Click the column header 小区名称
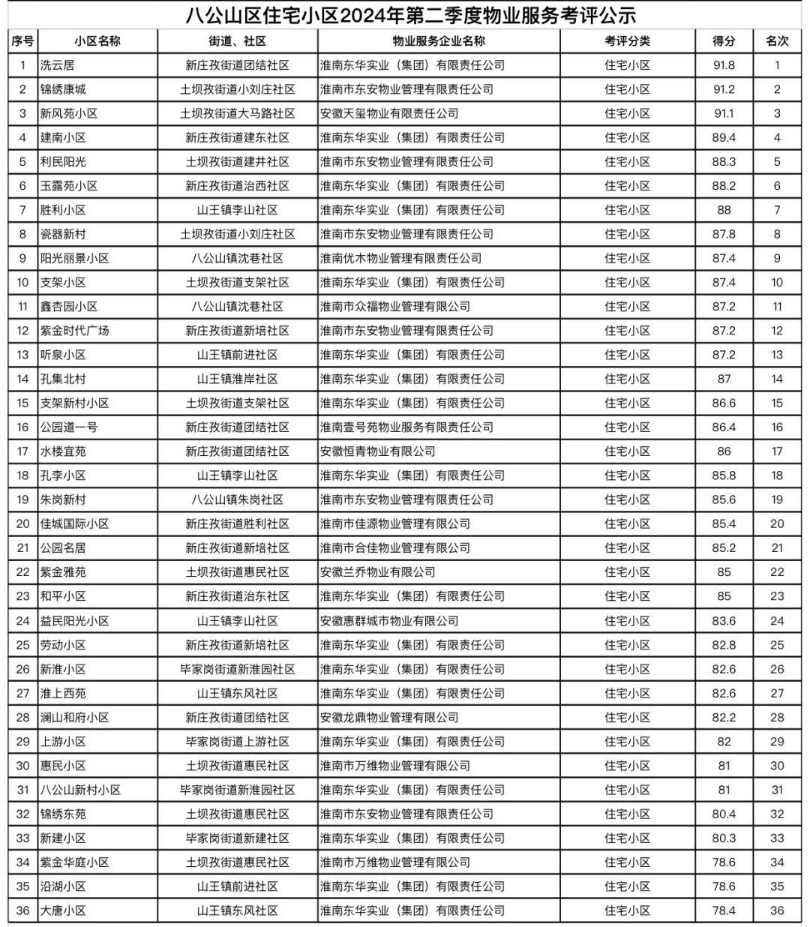pyautogui.click(x=97, y=41)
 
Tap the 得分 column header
pyautogui.click(x=724, y=41)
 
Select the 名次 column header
pyautogui.click(x=777, y=41)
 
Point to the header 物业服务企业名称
pyautogui.click(x=439, y=41)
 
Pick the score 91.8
pyautogui.click(x=724, y=65)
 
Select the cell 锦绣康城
pyautogui.click(x=63, y=89)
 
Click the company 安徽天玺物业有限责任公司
pyautogui.click(x=389, y=113)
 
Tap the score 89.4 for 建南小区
pyautogui.click(x=724, y=137)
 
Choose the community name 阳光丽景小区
pyautogui.click(x=74, y=258)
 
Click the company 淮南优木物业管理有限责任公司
pyautogui.click(x=400, y=258)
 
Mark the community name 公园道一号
pyautogui.click(x=69, y=427)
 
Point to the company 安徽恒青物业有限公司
pyautogui.click(x=377, y=451)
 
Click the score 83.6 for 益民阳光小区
pyautogui.click(x=724, y=620)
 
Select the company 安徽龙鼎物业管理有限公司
pyautogui.click(x=389, y=717)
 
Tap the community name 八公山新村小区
pyautogui.click(x=80, y=790)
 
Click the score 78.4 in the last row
pyautogui.click(x=724, y=910)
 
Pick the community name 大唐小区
pyautogui.click(x=63, y=910)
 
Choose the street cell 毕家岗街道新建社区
pyautogui.click(x=238, y=838)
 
